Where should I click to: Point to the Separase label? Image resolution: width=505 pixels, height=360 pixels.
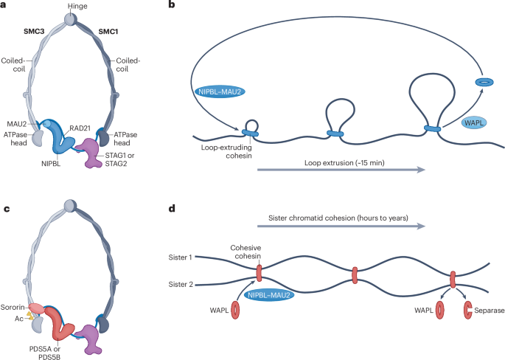tap(489, 311)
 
